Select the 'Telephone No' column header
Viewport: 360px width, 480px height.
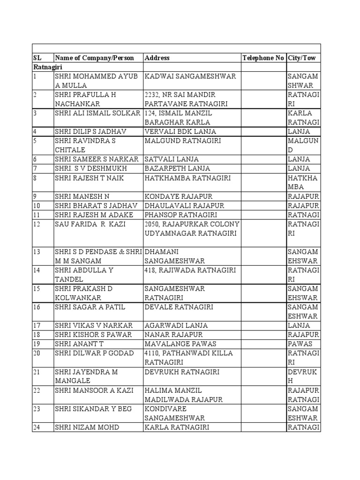click(263, 58)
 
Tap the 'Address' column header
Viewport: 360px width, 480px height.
click(157, 58)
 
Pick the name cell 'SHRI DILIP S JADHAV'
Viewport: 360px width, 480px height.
click(91, 132)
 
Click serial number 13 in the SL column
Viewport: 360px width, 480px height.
click(37, 252)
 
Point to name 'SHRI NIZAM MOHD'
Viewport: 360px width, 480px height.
click(87, 427)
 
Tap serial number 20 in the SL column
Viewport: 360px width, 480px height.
click(37, 353)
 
